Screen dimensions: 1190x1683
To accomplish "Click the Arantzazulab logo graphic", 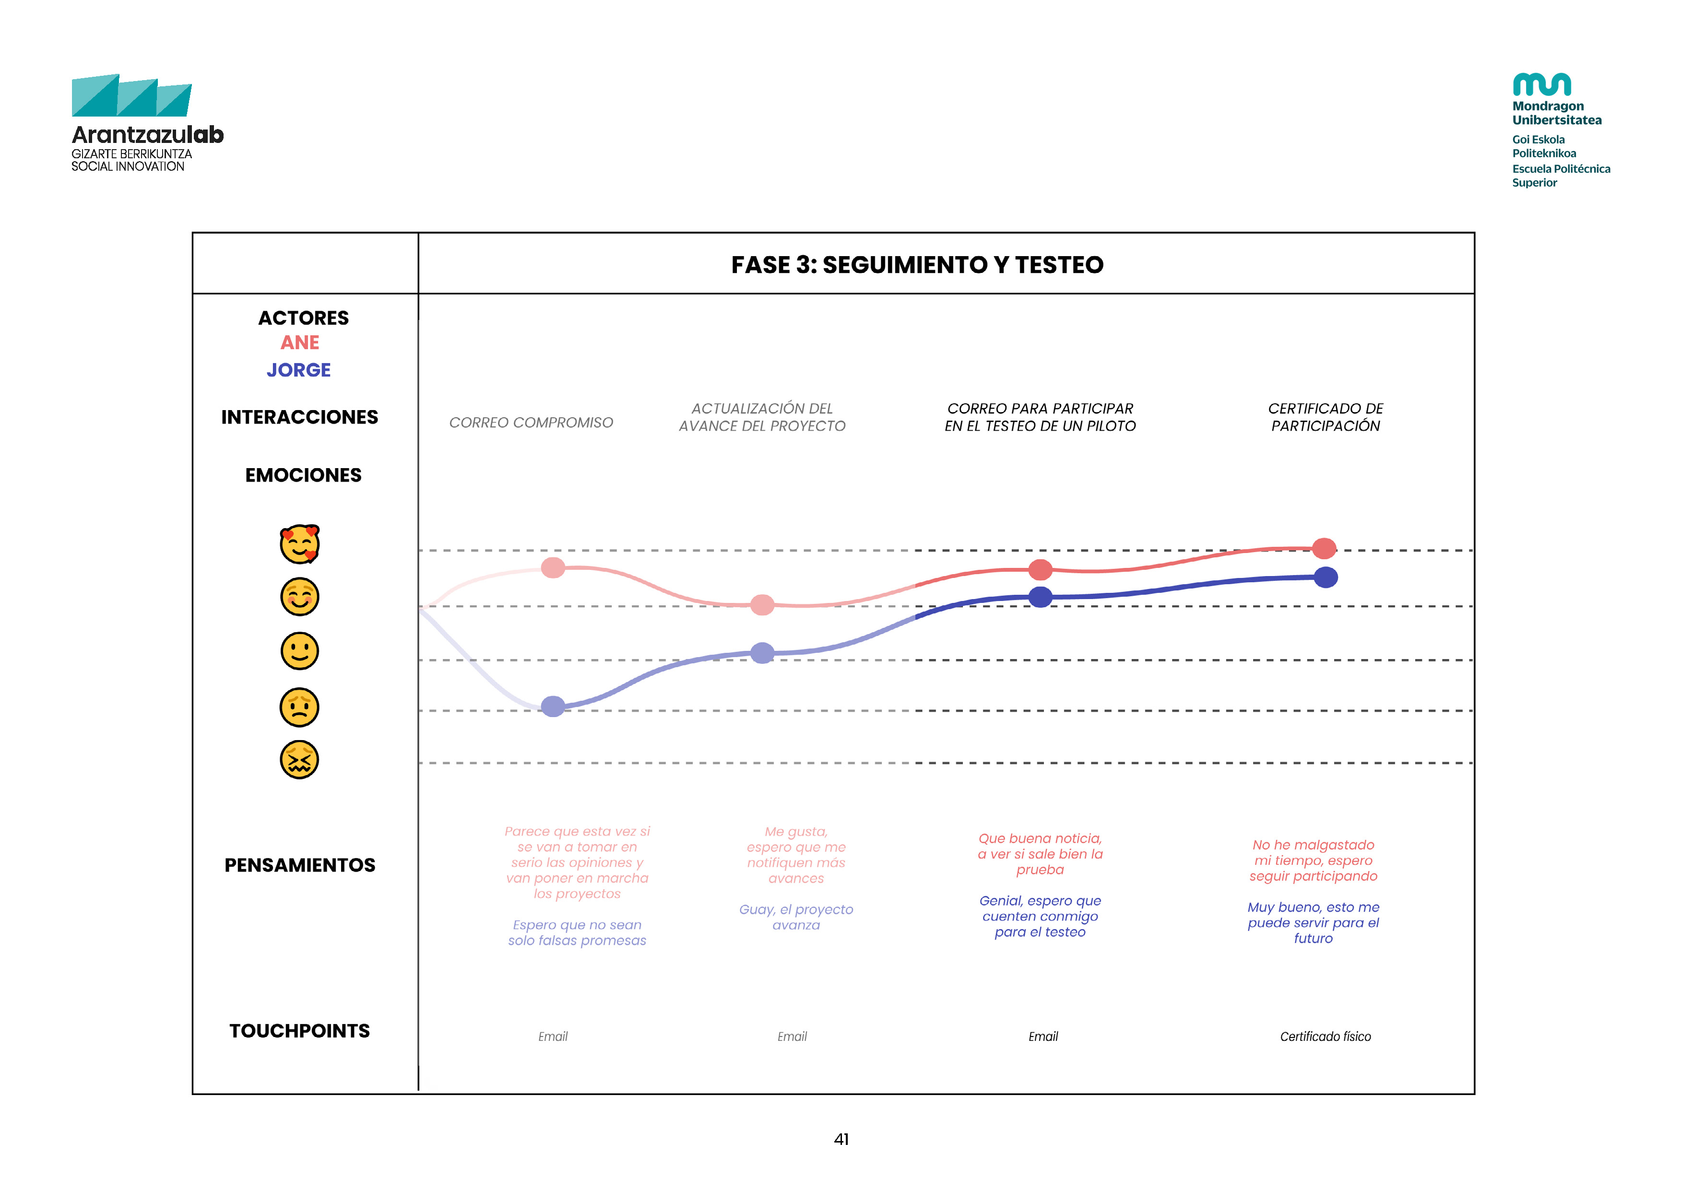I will pos(132,95).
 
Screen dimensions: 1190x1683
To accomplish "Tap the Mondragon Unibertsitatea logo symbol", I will pos(1541,84).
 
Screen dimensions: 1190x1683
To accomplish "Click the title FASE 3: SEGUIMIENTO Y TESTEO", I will pos(917,265).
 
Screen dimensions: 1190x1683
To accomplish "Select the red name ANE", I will pos(300,343).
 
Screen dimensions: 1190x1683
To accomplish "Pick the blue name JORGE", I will pos(298,370).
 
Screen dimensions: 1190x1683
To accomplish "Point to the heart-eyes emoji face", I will pos(300,544).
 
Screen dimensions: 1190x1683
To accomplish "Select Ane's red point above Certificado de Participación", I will pos(1324,548).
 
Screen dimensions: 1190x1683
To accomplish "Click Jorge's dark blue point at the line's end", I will pos(1325,577).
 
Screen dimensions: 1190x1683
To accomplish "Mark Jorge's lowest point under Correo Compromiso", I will pos(553,707).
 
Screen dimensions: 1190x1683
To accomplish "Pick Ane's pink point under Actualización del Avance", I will pos(762,604).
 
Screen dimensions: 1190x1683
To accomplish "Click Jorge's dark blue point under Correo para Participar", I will pos(1040,597).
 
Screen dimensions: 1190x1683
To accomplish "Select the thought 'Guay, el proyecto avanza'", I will pos(796,917).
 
